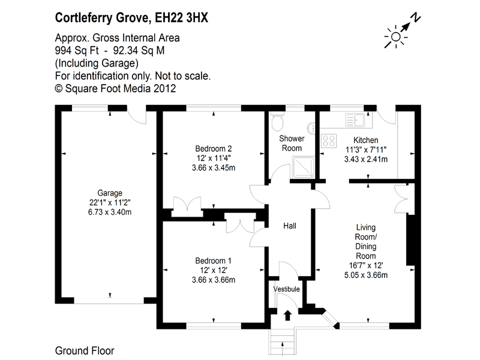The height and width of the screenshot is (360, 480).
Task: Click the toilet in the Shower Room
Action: (278, 121)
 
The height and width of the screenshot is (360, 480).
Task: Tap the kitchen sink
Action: (355, 120)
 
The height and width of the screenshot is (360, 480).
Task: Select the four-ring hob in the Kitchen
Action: (329, 141)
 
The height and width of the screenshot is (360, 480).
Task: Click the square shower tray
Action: (304, 167)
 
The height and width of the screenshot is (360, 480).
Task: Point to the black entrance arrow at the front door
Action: (287, 316)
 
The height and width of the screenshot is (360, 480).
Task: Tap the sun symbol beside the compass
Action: (395, 37)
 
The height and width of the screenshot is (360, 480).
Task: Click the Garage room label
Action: (110, 193)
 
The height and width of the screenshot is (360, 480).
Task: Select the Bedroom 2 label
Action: (214, 149)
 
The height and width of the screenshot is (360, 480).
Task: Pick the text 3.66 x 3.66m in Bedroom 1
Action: (214, 280)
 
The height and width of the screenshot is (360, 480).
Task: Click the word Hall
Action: (290, 226)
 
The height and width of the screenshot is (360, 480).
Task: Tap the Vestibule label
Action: (287, 289)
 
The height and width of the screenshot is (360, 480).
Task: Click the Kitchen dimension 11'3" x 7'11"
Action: (366, 149)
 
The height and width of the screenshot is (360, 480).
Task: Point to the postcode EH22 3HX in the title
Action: (182, 18)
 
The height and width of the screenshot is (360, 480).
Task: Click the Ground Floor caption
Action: (85, 351)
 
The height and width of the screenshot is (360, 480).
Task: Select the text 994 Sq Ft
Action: (77, 50)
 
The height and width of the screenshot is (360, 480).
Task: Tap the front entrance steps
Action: (282, 341)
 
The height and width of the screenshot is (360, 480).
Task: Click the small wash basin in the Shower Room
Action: (311, 128)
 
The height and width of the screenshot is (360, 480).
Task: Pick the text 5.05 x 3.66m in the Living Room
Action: (366, 275)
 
